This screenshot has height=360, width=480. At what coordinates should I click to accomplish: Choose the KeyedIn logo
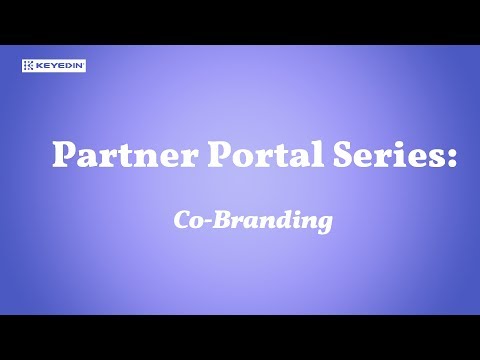pos(53,65)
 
